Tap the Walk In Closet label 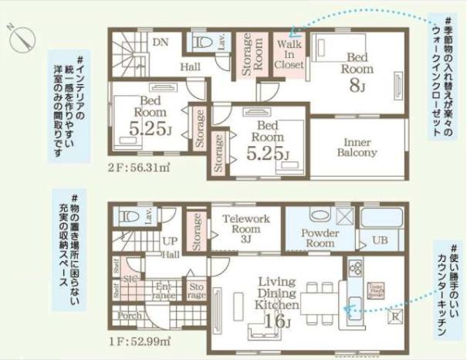click(289, 55)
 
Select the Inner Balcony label click(357, 147)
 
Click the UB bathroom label click(379, 240)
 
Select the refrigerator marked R click(394, 316)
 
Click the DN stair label click(160, 42)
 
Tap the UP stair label click(171, 240)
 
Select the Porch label click(128, 316)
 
